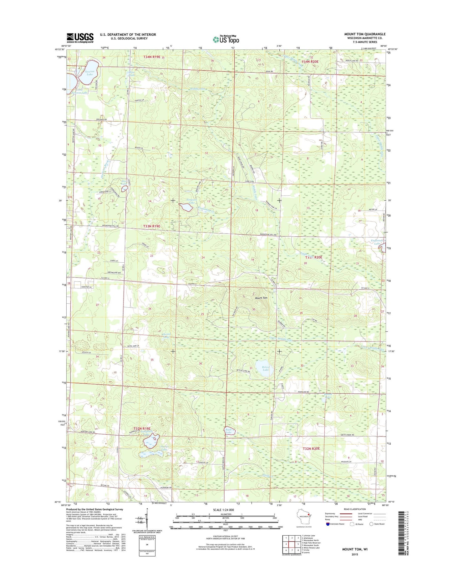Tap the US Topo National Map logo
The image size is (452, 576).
pos(226,39)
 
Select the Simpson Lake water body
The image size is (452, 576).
pos(186,207)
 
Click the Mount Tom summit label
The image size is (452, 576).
pos(261,298)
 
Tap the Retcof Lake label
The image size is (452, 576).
pos(266,368)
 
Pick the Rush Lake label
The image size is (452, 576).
pos(229,431)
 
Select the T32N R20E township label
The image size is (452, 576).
pos(311,448)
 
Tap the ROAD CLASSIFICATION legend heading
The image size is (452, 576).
pos(354,509)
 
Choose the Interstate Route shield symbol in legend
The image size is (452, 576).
pos(328,524)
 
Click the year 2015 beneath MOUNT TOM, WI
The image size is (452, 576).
pos(354,554)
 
